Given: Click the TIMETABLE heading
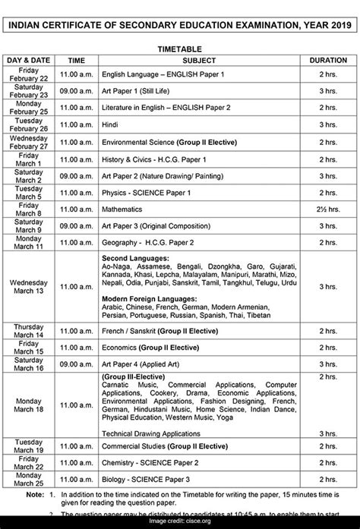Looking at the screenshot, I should [x=179, y=46].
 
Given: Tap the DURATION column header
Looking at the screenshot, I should [x=328, y=60].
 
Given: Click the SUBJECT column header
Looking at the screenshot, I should [x=199, y=60].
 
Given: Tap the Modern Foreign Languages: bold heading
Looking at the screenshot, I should [x=149, y=299].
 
